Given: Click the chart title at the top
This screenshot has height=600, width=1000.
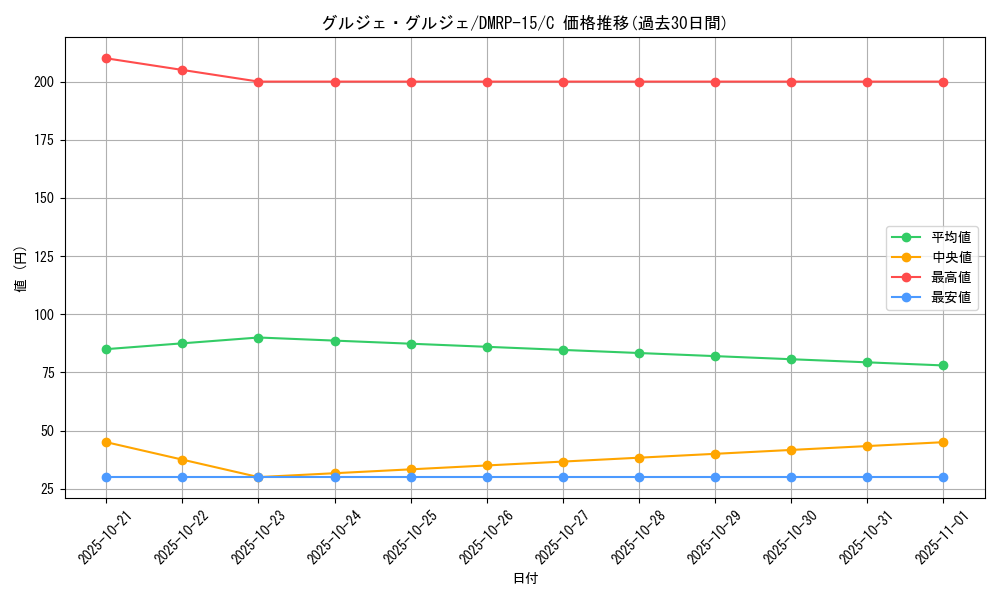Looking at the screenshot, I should tap(524, 23).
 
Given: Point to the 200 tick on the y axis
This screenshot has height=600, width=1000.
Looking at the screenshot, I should tap(44, 82).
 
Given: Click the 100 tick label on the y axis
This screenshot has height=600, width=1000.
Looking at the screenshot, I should tap(44, 314).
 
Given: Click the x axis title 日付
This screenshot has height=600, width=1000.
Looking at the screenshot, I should tap(525, 579).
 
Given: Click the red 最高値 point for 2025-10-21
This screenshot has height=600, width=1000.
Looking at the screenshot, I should tap(106, 58).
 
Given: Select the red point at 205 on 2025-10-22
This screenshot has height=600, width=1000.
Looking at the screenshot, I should tap(182, 70).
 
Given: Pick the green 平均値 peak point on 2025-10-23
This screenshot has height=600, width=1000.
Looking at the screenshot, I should tap(258, 338).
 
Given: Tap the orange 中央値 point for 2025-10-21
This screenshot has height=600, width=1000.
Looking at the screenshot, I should tap(106, 442).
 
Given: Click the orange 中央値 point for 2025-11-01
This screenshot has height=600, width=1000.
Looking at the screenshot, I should tap(943, 442).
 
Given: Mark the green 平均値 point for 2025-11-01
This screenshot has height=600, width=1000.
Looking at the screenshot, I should tap(943, 366).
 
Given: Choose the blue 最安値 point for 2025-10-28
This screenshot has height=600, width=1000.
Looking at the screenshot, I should tap(639, 477).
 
